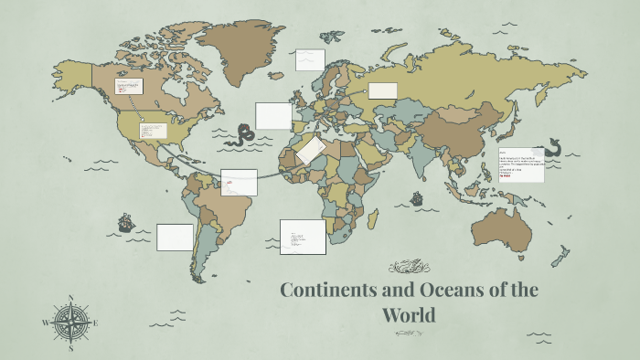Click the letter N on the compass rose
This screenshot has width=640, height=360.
point(71,298)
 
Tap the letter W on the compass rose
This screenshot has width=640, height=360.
point(45,323)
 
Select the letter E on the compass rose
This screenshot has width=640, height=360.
point(97,323)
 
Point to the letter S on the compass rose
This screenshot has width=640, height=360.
point(71,348)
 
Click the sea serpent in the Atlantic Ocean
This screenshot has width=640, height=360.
point(244,135)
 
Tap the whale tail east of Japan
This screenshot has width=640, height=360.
point(553,145)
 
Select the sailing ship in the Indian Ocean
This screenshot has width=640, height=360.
point(417,197)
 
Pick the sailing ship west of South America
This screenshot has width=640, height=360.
point(125,222)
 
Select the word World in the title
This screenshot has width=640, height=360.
point(410,316)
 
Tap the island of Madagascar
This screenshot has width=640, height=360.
point(373,219)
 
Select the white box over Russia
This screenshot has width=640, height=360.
point(382,90)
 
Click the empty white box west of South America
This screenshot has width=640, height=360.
point(175,237)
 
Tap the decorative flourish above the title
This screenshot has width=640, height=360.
point(409,267)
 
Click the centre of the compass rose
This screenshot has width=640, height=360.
point(71,323)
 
